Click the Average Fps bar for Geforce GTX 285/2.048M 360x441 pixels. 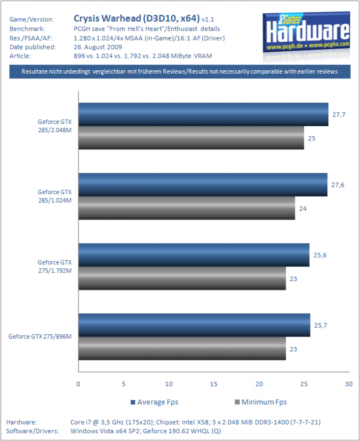point(203,115)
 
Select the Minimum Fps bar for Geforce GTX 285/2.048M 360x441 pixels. point(191,138)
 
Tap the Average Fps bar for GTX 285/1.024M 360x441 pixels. point(203,185)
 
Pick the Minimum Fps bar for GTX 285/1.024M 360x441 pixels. point(187,208)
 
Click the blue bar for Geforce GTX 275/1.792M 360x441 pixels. point(194,255)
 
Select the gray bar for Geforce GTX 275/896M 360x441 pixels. point(182,349)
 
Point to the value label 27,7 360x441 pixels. point(338,115)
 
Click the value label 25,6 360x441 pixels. point(320,255)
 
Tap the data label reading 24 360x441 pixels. point(303,209)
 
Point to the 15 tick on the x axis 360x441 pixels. point(214,384)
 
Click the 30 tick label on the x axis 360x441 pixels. point(349,384)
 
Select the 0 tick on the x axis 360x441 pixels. point(78,384)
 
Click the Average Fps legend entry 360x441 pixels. point(154,402)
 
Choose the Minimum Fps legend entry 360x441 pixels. point(261,402)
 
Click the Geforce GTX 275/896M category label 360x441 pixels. point(40,336)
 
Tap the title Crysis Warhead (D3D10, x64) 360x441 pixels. point(137,19)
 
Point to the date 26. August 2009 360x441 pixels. point(98,47)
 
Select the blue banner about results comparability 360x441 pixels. point(180,71)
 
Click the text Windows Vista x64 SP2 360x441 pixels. point(105,431)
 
